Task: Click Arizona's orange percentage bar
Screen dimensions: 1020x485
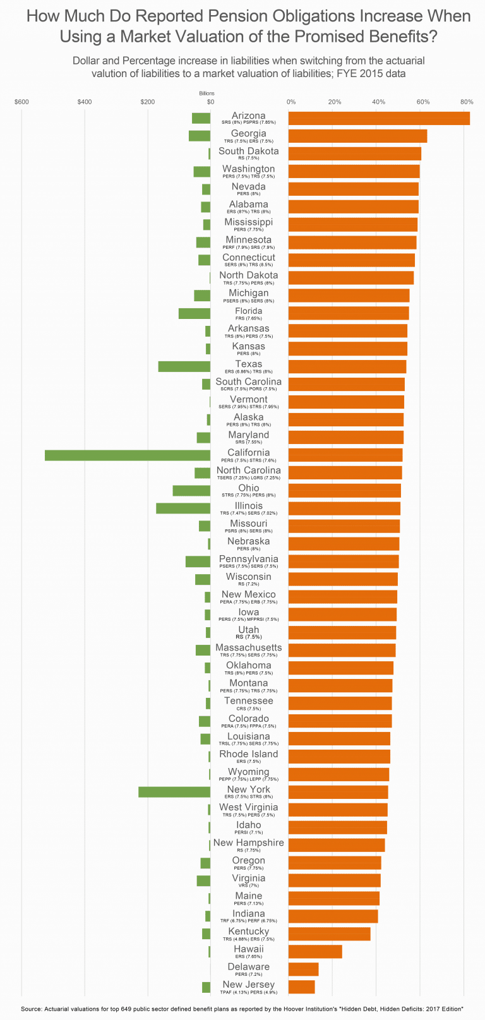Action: pos(379,118)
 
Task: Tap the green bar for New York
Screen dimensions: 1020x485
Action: pos(174,792)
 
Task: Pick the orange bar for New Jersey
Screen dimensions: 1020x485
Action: pos(301,987)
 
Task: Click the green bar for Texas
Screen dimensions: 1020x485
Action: pos(184,366)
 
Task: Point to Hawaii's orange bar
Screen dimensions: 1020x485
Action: pos(315,952)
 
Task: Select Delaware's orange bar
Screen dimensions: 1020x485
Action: pos(303,969)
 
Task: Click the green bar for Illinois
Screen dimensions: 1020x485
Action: pos(183,508)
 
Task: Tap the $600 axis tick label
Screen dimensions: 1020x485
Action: pos(21,102)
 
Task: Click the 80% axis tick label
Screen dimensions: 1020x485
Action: pos(467,102)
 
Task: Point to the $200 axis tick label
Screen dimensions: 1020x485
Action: pos(147,102)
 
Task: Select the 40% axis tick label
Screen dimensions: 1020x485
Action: pos(378,102)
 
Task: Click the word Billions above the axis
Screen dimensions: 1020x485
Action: pos(207,93)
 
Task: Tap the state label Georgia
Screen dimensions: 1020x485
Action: pos(249,133)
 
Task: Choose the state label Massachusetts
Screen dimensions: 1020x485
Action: pos(249,647)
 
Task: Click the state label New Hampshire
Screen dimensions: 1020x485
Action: pos(249,843)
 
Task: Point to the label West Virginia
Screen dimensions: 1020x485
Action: pos(249,807)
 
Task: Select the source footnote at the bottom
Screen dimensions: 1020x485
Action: pos(242,1009)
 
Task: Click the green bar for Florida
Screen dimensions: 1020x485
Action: pos(195,313)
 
